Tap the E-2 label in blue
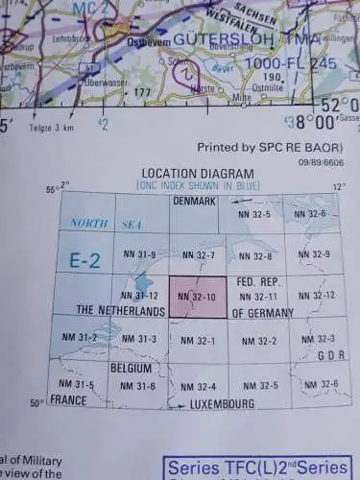[85, 259]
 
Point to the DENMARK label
[195, 202]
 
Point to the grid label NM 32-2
[259, 341]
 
